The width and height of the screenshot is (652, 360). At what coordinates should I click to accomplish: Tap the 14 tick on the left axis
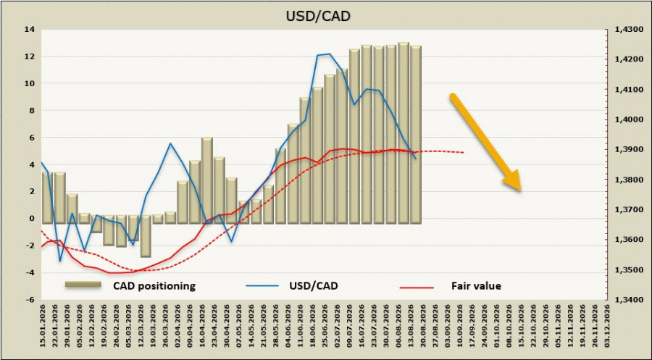coord(30,30)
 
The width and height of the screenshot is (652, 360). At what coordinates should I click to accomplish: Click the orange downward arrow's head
coord(512,181)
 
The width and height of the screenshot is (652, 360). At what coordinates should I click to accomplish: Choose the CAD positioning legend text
coord(154,286)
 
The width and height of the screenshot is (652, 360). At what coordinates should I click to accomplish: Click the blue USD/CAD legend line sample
coord(262,286)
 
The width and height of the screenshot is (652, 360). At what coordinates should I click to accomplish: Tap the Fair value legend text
coord(476,286)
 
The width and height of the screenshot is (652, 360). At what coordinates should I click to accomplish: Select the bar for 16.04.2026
coord(207,180)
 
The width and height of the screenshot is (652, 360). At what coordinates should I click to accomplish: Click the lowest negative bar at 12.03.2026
coord(146,236)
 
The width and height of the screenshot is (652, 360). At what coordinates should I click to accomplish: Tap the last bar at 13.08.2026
coord(416,135)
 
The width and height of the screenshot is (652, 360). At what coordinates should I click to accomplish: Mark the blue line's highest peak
coord(330,54)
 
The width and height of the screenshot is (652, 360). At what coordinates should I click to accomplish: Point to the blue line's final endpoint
coord(415,159)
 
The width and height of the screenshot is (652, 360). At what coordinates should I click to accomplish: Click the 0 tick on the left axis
coord(33,219)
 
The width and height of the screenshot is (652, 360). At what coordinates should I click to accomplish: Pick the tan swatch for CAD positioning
coord(83,285)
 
